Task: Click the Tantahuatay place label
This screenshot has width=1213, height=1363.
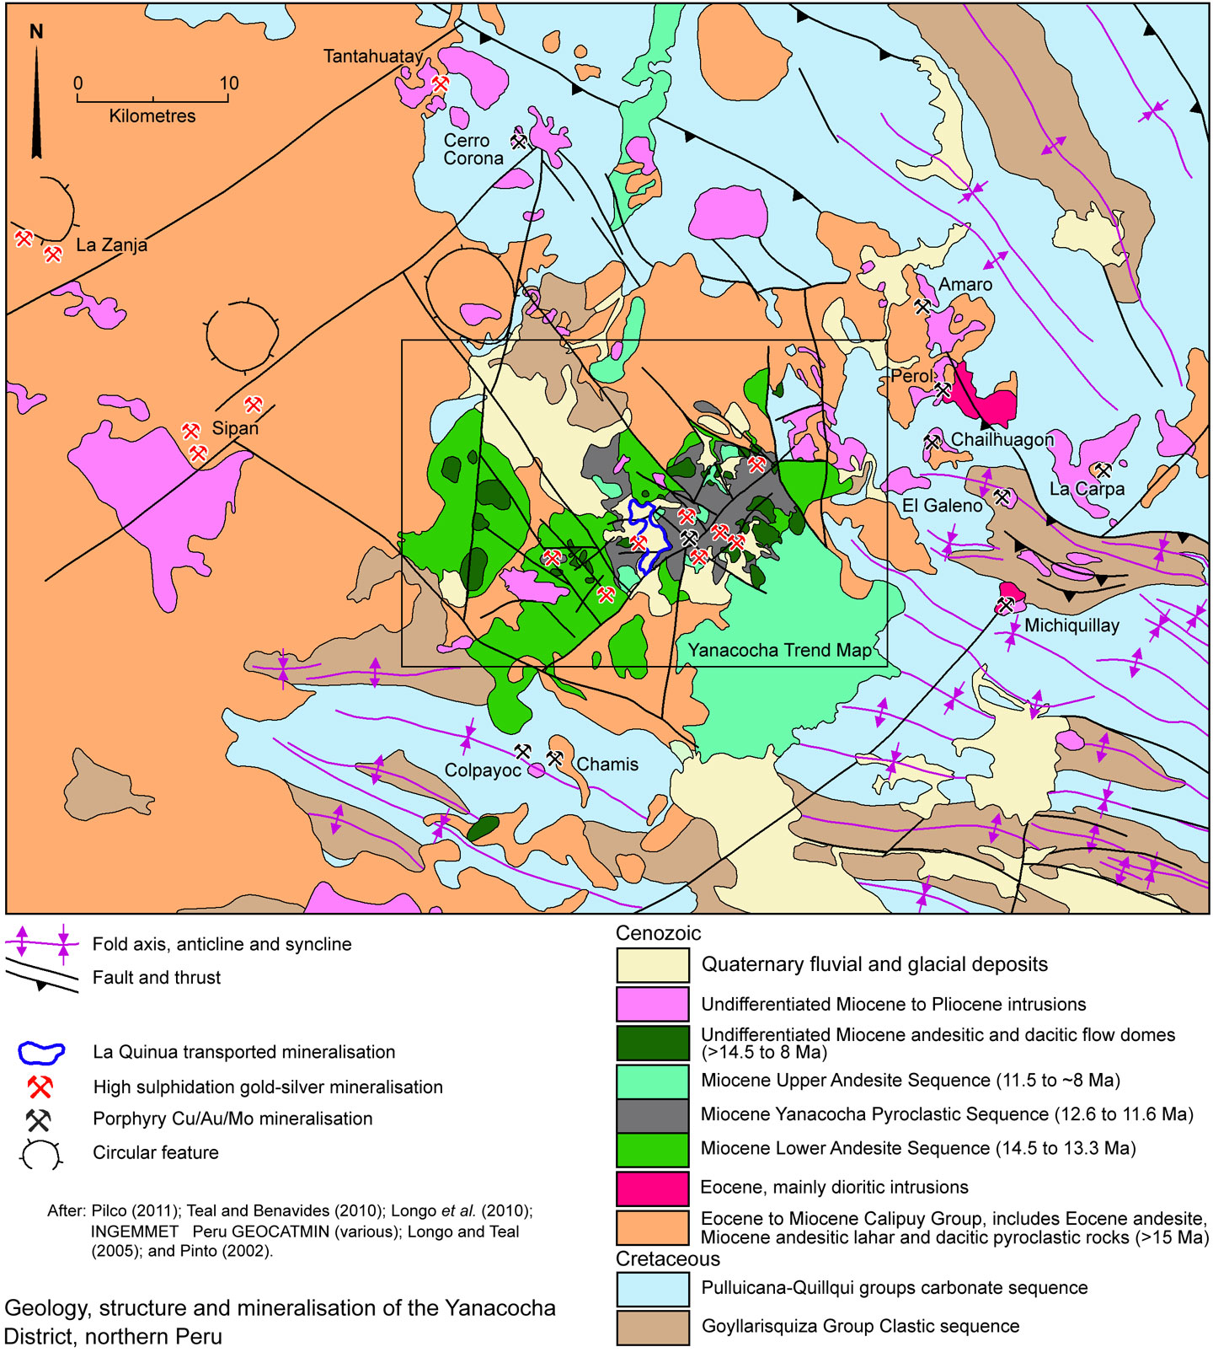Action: click(x=372, y=56)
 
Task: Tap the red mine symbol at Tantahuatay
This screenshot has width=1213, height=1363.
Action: click(x=441, y=83)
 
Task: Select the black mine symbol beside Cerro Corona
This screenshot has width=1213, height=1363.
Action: click(x=519, y=142)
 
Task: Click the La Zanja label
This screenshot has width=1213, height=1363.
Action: click(x=111, y=245)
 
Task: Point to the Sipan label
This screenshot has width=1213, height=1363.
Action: click(x=235, y=428)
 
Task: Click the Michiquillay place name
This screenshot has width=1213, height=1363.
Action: click(x=1071, y=625)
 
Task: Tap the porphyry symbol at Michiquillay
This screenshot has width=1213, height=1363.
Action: click(x=1005, y=604)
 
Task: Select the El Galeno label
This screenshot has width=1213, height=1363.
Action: click(x=942, y=506)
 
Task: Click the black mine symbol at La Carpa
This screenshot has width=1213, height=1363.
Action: click(x=1102, y=470)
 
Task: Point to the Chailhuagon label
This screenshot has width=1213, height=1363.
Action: click(x=1002, y=439)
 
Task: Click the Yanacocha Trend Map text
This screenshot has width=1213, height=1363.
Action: click(x=780, y=650)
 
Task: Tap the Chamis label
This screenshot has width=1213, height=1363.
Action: click(x=606, y=765)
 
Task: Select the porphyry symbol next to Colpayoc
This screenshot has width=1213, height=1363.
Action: click(x=523, y=751)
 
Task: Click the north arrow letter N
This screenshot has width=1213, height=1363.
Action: click(x=36, y=32)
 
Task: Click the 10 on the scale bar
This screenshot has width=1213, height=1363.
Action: click(x=229, y=83)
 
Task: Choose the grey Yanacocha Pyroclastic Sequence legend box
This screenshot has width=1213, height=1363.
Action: click(x=652, y=1115)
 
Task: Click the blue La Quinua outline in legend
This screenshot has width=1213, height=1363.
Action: click(x=41, y=1052)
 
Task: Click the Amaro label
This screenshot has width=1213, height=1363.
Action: click(x=965, y=285)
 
